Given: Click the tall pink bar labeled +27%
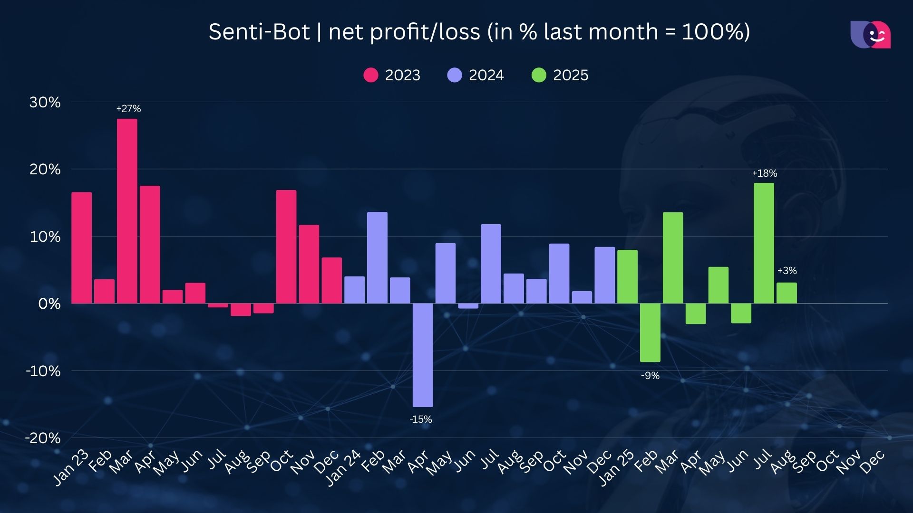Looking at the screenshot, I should tap(127, 211).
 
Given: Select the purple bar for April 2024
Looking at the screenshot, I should tap(423, 355).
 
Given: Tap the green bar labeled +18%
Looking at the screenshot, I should tap(764, 243).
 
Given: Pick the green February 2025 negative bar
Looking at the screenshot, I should tap(650, 332).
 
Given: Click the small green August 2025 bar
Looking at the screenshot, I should tap(787, 293).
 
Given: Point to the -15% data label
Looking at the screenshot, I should tap(421, 419).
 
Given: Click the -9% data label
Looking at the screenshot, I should tap(650, 376).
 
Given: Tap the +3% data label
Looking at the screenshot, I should tap(787, 271).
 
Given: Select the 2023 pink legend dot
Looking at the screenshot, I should tap(370, 75).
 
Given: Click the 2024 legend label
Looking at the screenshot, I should tap(486, 75).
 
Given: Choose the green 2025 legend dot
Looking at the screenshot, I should tap(539, 75).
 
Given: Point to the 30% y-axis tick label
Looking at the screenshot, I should tap(45, 102).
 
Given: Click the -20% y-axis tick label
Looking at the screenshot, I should tap(43, 438).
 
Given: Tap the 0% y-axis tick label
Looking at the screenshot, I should tap(49, 304).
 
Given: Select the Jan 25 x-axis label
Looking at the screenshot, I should tap(616, 468).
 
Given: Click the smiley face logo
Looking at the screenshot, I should tap(871, 35).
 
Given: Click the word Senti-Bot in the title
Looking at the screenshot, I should tap(259, 32).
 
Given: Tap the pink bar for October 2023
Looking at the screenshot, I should tap(286, 247).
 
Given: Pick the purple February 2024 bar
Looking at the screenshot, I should tap(377, 257).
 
